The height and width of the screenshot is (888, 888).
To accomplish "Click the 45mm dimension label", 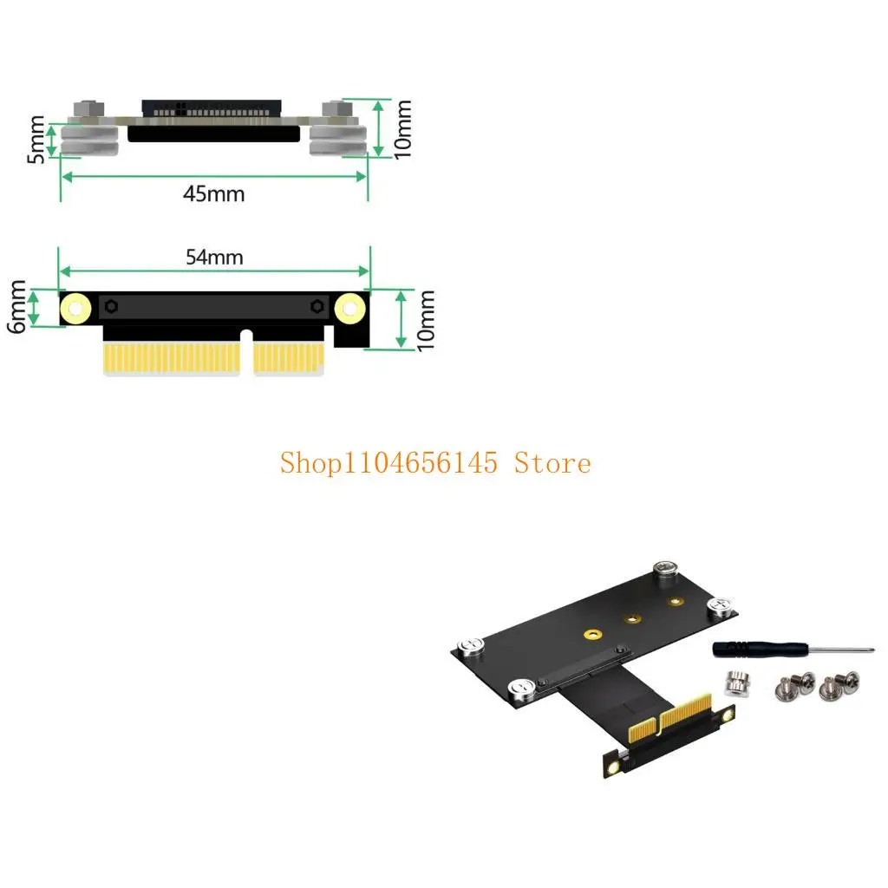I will click(x=213, y=193).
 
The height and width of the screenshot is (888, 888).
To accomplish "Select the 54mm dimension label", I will click(x=214, y=257).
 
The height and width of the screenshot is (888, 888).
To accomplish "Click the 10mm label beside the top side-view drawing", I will click(x=402, y=130).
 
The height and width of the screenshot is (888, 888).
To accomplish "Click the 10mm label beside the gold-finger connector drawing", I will click(x=426, y=320).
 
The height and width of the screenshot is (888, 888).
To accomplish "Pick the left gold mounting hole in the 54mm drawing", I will click(x=75, y=308).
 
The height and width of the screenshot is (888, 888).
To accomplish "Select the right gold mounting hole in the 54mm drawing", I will click(x=349, y=307).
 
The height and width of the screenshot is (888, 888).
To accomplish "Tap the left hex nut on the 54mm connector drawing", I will click(x=112, y=305).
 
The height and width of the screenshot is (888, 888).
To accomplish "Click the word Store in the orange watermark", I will click(x=552, y=463).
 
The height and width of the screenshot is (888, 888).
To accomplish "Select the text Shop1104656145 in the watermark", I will click(x=388, y=463).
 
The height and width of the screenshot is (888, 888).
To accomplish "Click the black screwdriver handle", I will click(x=742, y=649).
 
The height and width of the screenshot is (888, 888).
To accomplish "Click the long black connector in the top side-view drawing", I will click(x=214, y=134).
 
